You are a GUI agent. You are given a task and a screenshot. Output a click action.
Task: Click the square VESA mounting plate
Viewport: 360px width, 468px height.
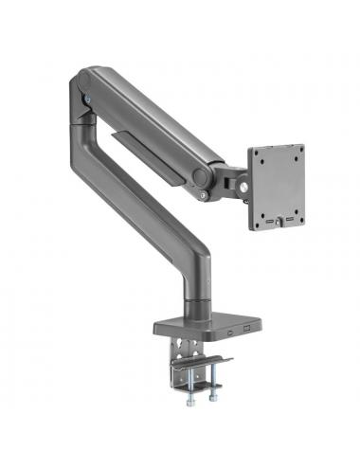click(278, 187)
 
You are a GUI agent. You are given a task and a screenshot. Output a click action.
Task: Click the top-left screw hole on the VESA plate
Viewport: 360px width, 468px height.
click(256, 154)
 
